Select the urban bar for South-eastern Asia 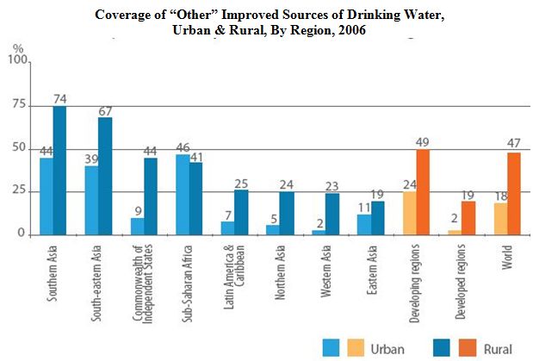(x=90, y=200)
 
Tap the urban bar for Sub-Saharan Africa (x=183, y=195)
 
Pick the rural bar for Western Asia (x=331, y=214)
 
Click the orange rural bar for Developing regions (x=422, y=191)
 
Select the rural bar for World (x=514, y=193)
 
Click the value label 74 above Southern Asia (x=60, y=98)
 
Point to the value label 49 (x=423, y=141)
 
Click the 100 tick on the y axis (x=16, y=60)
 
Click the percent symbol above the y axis (x=18, y=47)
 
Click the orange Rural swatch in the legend (x=462, y=347)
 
